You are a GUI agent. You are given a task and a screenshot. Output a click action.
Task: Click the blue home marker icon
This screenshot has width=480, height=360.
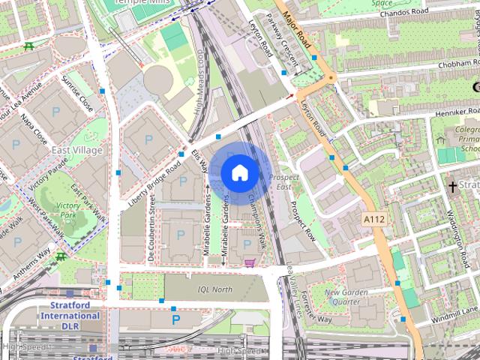coord(239,172)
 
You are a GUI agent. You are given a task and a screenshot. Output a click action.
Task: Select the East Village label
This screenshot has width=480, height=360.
coord(76,151)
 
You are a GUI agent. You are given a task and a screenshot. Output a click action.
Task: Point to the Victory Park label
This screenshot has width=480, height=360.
coord(68,210)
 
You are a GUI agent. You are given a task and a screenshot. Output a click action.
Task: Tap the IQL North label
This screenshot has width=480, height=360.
coord(215,289)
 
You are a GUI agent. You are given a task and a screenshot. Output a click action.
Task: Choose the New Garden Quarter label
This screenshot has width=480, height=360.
coord(346,296)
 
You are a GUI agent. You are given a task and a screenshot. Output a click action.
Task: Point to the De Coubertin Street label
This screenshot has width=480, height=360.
coord(151,229)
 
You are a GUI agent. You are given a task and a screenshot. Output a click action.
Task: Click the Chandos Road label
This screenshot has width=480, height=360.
coord(403,13)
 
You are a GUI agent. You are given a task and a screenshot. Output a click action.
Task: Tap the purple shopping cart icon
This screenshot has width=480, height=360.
coord(249,262)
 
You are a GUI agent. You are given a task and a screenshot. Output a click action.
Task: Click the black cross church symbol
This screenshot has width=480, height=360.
coord(452,185)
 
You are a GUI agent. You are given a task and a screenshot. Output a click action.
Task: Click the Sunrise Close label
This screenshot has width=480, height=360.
coord(78,95)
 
